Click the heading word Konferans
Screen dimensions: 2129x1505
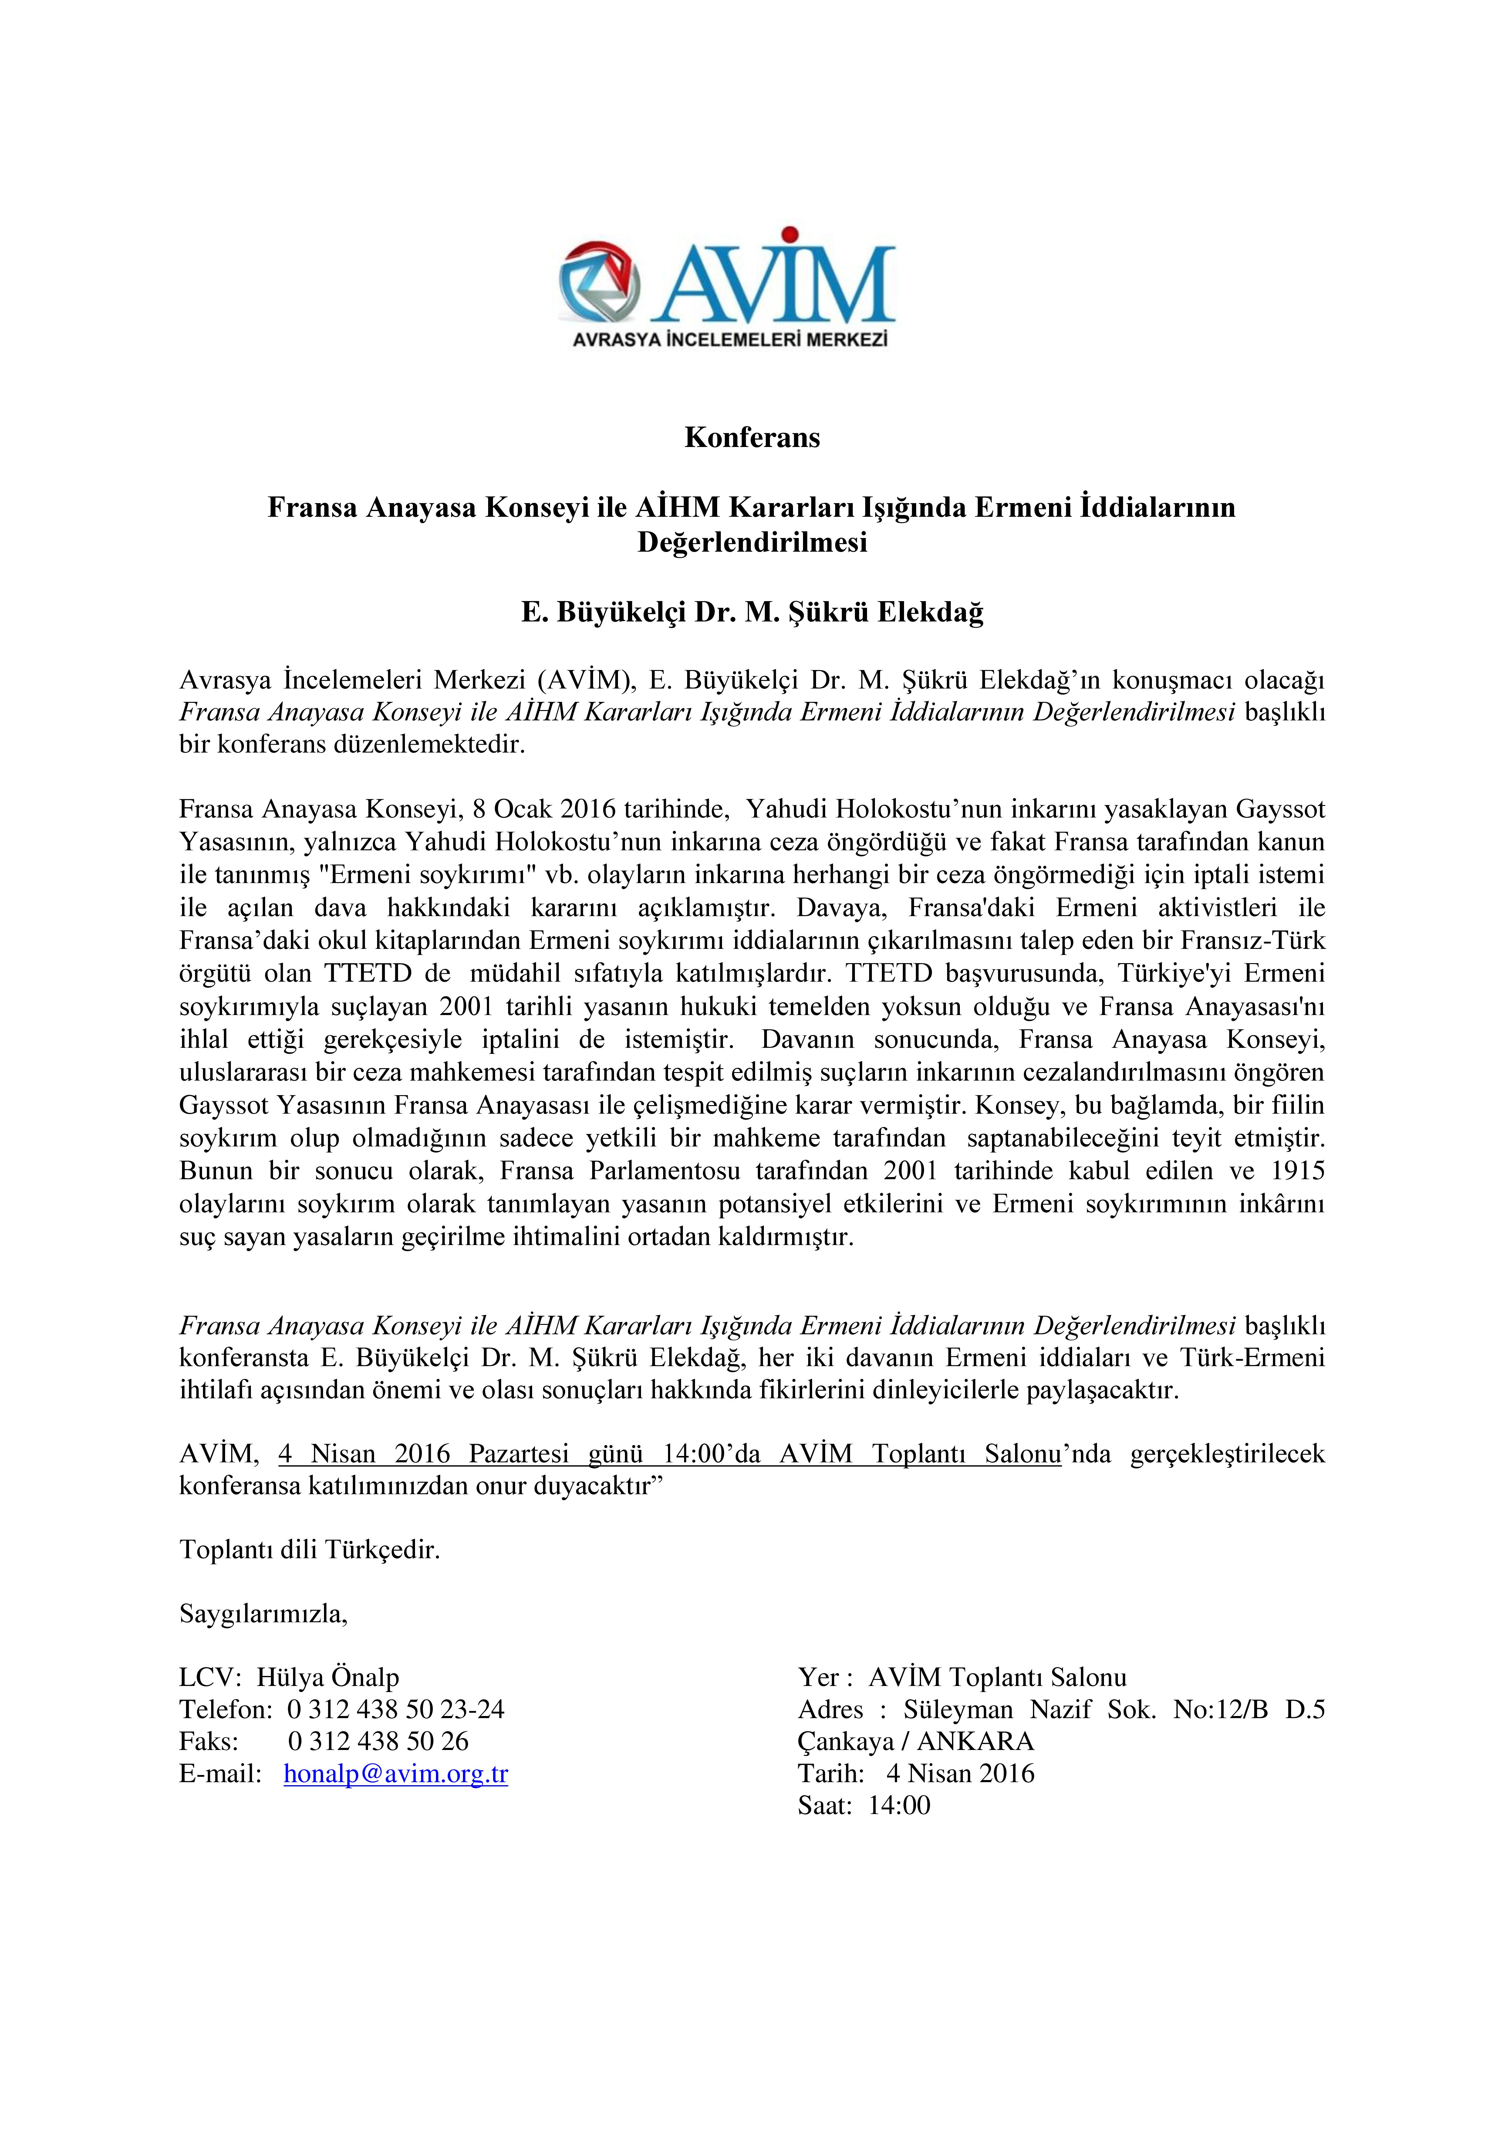click(752, 438)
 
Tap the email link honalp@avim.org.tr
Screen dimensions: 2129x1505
click(396, 1774)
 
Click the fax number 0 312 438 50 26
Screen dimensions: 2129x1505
click(378, 1741)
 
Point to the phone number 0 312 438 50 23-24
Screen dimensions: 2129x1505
click(396, 1709)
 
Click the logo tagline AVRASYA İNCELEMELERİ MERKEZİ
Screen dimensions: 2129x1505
click(730, 340)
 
